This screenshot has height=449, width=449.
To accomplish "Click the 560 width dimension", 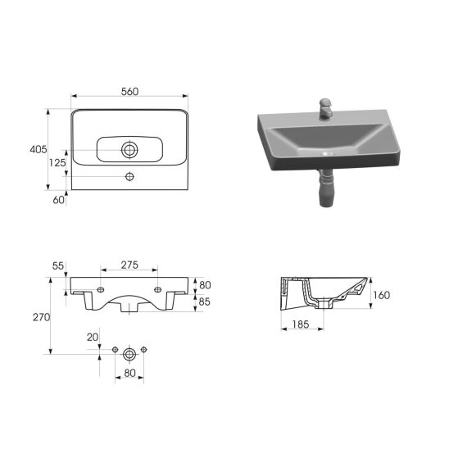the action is point(129,92).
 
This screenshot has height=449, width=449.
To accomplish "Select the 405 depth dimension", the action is point(38,149).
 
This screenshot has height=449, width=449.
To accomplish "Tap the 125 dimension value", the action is point(57,163).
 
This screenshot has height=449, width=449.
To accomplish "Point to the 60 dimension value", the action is point(58,200).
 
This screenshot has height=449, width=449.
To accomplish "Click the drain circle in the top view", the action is point(129,149).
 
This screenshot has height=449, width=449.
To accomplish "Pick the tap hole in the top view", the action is point(129,177).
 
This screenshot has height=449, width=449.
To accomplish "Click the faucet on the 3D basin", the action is point(325,109).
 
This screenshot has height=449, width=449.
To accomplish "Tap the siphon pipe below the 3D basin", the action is point(326,188).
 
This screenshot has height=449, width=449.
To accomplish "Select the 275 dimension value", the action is point(129,265).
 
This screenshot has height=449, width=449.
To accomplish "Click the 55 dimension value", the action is point(58,266).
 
